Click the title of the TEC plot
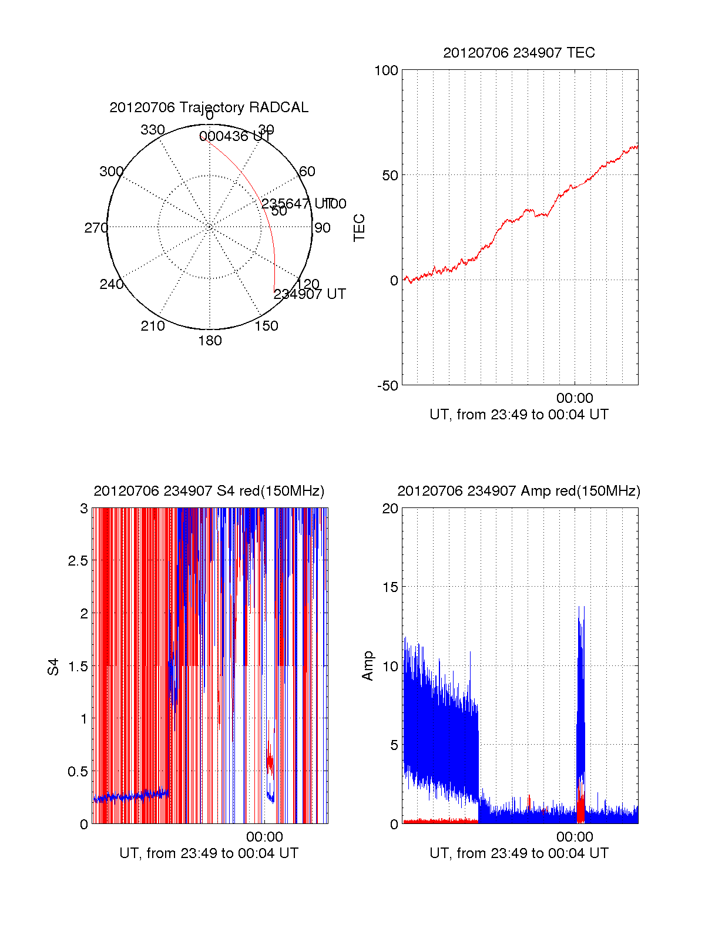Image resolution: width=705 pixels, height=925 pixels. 519,53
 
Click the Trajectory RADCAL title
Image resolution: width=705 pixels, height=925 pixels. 209,107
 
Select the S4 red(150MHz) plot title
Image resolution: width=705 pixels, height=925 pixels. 209,491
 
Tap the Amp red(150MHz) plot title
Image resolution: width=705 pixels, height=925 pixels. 519,491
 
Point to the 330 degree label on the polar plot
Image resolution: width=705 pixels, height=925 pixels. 153,130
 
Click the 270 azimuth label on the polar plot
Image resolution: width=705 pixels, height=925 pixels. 96,228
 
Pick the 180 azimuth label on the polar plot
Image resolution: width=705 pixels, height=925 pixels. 210,341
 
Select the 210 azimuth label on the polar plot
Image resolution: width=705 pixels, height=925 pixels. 153,326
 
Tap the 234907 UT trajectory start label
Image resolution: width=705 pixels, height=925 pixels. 310,294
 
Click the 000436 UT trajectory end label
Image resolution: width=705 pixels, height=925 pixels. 235,137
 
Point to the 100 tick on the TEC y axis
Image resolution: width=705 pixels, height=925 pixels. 386,70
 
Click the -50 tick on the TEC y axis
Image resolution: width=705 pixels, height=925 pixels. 388,386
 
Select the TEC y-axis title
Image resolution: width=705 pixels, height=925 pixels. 359,228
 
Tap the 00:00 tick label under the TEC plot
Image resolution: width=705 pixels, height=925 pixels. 575,399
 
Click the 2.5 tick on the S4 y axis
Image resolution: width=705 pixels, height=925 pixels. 78,561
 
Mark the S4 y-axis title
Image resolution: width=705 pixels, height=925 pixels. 53,667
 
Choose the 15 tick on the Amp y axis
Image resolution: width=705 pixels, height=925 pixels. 391,587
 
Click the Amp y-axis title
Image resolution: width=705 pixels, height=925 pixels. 368,666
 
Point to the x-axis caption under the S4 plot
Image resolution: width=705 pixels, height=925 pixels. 209,853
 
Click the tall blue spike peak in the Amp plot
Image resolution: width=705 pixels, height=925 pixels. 579,608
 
